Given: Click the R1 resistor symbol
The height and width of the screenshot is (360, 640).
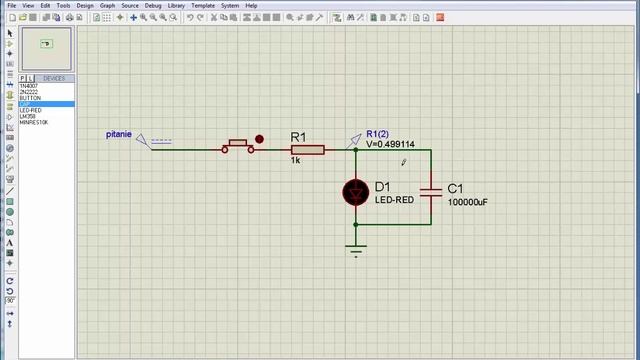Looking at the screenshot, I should point(307,150).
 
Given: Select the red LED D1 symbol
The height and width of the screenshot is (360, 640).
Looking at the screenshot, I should point(355,192).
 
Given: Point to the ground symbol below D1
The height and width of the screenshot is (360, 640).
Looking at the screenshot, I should point(356,251).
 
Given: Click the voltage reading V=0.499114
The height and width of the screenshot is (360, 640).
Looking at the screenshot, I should point(390,144).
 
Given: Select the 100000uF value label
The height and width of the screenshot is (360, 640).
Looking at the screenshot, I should point(467,202).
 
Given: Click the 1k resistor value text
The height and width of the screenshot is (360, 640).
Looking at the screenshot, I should point(295,160).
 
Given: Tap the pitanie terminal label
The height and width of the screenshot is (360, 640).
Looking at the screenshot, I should point(119,134).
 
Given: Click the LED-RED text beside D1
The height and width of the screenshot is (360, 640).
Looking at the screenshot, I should point(394,200).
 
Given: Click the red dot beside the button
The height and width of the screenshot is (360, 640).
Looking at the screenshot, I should point(260,140).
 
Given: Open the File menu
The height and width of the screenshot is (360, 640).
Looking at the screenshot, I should point(12,5).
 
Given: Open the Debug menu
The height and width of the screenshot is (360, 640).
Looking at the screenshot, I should point(153,5).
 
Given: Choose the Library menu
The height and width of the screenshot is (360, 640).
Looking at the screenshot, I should point(177,5).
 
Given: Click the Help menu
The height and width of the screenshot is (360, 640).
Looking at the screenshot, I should point(251,5).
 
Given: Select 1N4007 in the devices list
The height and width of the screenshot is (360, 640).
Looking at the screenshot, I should point(28,86).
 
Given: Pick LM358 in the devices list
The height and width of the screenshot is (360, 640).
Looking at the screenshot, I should point(27,116).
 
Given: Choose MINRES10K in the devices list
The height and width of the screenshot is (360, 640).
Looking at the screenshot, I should point(32,122).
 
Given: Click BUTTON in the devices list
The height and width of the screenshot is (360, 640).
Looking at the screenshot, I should point(29,98).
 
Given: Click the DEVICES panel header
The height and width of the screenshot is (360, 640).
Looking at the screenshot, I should point(53,78).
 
